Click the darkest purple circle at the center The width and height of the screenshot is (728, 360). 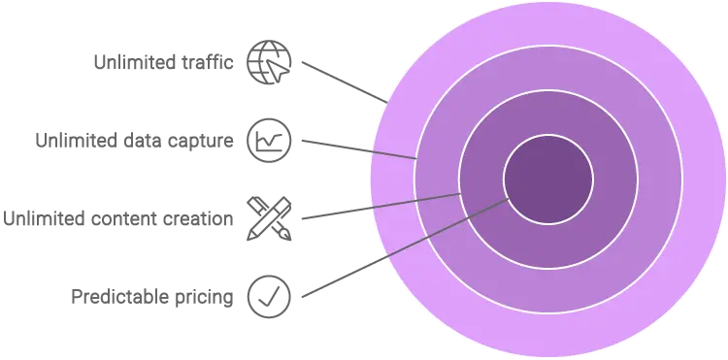tap(548, 180)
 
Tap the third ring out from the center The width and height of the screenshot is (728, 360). tap(548, 68)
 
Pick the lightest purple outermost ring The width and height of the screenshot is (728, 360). tap(548, 23)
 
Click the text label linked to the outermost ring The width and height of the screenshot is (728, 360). tap(165, 62)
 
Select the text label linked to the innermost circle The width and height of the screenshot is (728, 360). tap(150, 298)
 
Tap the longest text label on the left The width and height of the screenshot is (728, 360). tap(115, 221)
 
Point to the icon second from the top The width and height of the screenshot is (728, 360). tap(266, 139)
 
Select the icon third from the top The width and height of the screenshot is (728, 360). tap(262, 218)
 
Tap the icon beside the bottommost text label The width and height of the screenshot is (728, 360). tap(267, 295)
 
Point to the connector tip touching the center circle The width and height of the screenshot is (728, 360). tap(510, 198)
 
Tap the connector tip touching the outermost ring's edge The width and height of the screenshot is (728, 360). tap(386, 101)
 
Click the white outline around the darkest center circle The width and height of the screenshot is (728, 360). tap(548, 136)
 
